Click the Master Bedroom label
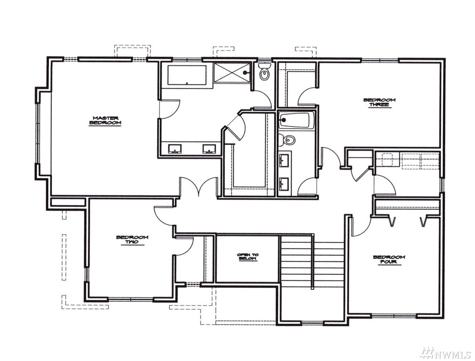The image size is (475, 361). (105, 120)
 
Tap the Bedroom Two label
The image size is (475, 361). (132, 240)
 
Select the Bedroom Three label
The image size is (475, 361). (380, 102)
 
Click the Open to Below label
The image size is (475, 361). (248, 257)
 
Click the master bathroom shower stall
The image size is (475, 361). (232, 72)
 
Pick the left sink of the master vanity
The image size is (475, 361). (174, 149)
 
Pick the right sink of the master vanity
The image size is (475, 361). (209, 149)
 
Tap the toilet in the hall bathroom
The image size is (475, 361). (287, 140)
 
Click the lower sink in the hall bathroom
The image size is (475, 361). (284, 184)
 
